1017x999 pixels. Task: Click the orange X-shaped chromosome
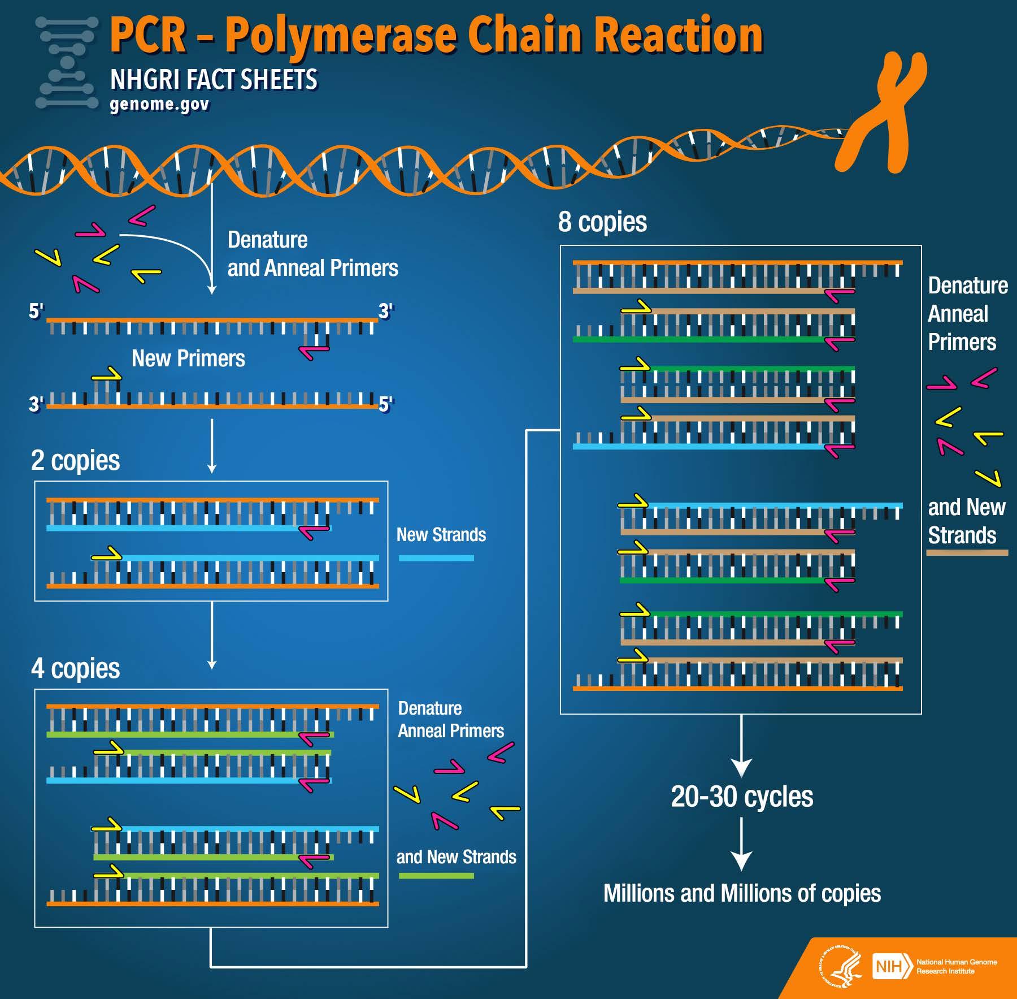point(881,113)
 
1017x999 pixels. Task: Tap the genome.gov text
point(159,105)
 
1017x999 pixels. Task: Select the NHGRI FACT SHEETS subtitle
point(214,80)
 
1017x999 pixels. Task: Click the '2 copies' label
point(75,460)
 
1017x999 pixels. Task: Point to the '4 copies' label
point(75,668)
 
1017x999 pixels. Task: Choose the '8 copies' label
point(602,222)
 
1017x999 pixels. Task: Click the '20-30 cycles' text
point(742,797)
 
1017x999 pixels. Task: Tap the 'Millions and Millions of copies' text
point(742,893)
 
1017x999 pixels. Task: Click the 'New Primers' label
point(188,358)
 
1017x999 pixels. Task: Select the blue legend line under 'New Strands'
point(436,558)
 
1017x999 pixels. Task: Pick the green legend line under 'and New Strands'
point(436,876)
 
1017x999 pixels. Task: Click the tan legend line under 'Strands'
point(967,552)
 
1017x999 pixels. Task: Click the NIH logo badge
point(892,967)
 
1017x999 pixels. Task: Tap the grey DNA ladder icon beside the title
point(67,62)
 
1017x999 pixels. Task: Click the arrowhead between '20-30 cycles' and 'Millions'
point(741,860)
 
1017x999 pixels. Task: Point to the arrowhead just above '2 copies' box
point(212,468)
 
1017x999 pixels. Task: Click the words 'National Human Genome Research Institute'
point(957,966)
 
